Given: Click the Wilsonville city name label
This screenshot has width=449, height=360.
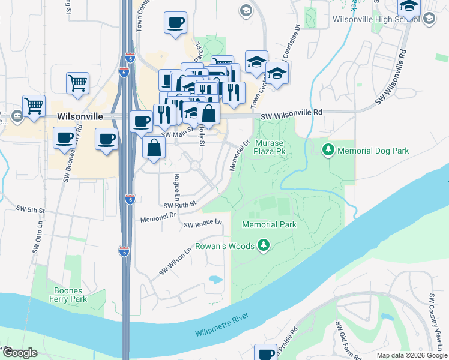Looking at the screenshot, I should point(80,116).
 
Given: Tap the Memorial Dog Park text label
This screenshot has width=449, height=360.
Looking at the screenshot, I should point(373,151).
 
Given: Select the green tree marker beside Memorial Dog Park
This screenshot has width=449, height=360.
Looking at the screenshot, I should point(328,149).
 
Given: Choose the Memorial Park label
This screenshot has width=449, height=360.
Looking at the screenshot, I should point(270,224).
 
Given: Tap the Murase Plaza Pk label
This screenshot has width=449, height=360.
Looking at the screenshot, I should point(270,148).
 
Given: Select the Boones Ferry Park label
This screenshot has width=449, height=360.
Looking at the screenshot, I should point(68,295).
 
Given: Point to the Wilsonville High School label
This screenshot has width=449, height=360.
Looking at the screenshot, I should point(375,19).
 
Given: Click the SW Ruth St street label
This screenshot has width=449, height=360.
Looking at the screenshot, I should point(179,205).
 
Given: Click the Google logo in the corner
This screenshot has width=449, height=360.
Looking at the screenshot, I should point(20,353).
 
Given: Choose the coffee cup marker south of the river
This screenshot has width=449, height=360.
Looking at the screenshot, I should point(265,352).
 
